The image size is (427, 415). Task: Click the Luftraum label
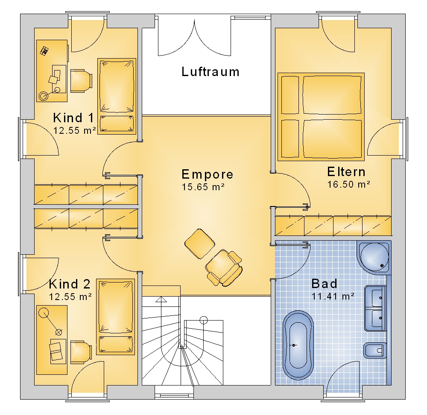click(211, 72)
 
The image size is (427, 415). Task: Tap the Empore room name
click(208, 174)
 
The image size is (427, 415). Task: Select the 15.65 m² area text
click(203, 187)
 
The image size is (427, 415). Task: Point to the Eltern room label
click(346, 172)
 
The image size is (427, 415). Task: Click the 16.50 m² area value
click(348, 184)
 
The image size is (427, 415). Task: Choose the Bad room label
click(324, 284)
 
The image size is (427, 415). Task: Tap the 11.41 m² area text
click(333, 296)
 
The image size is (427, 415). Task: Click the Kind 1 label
click(73, 118)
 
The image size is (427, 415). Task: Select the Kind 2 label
click(70, 284)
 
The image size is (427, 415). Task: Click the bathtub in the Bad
click(298, 345)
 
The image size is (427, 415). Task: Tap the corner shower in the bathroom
click(374, 257)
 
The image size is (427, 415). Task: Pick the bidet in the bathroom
click(375, 350)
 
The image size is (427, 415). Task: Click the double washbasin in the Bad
click(375, 308)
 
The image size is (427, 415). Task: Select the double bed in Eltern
click(321, 117)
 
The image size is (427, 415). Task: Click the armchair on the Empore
click(224, 268)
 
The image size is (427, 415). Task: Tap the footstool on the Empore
click(199, 244)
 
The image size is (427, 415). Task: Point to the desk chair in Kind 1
click(81, 81)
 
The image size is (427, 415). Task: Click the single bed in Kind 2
click(115, 317)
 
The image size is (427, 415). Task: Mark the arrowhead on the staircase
click(161, 300)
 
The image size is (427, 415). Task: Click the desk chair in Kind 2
click(81, 352)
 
